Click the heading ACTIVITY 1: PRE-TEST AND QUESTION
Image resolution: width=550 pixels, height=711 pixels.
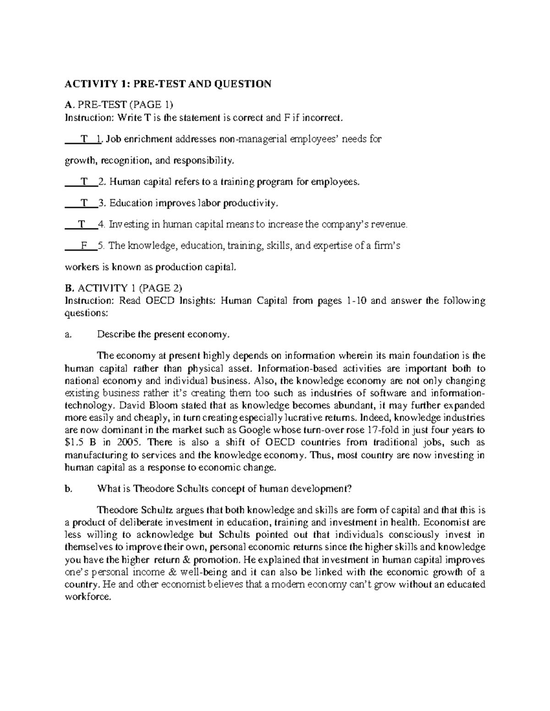[x=168, y=84]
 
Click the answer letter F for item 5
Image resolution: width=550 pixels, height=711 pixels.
[x=84, y=246]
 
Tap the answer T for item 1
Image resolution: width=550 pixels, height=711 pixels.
[x=83, y=139]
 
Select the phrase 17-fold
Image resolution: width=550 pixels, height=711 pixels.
[x=385, y=430]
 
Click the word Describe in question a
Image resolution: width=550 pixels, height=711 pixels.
[x=116, y=335]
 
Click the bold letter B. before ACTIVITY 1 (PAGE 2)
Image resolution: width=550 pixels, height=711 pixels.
[x=69, y=288]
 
